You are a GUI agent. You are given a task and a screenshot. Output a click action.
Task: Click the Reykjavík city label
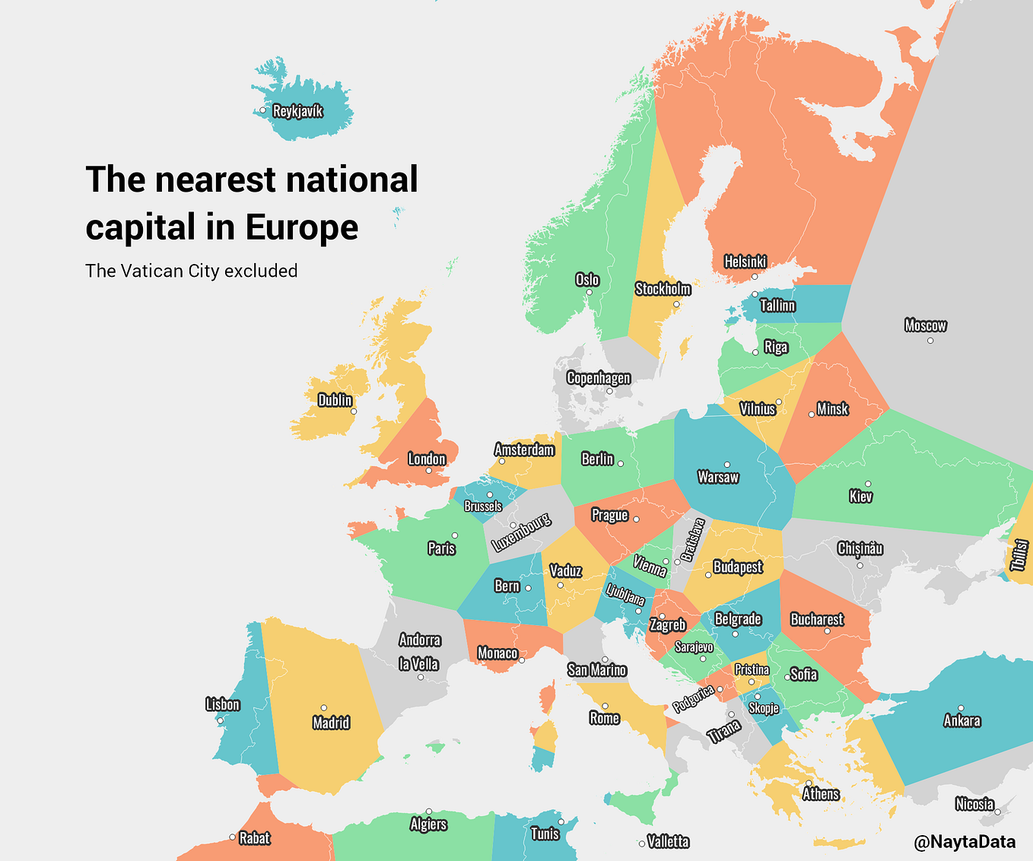coord(298,111)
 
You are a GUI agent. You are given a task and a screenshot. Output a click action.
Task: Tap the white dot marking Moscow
coord(930,340)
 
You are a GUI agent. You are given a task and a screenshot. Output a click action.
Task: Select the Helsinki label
coord(745,262)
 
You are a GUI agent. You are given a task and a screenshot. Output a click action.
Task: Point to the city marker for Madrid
coord(323,708)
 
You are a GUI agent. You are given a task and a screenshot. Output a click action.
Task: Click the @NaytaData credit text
coord(964,841)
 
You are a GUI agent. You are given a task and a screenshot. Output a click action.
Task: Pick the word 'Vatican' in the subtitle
coord(151,271)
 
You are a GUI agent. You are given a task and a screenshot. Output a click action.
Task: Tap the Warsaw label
coord(717,477)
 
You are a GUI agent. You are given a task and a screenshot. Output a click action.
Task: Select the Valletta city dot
coord(641,843)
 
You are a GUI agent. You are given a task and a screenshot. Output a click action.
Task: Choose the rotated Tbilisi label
coord(1019,555)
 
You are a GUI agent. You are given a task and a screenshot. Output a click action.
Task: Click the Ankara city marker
coord(961,708)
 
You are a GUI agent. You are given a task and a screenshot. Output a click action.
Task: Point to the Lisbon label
coord(222,704)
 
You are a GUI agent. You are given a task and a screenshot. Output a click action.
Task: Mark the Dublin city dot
coord(354,411)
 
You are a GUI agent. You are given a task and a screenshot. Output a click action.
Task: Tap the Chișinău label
coord(860,548)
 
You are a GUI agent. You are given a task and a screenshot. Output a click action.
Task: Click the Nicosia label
coord(974,804)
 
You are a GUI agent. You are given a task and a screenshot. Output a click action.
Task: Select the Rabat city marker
coord(232,837)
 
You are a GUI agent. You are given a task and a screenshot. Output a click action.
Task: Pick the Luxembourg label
coord(520,532)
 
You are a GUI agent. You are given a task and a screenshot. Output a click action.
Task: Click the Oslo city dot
coord(589,292)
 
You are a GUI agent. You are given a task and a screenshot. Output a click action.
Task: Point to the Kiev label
coord(860,497)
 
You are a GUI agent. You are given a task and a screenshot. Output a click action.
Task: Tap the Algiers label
coord(428,824)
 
